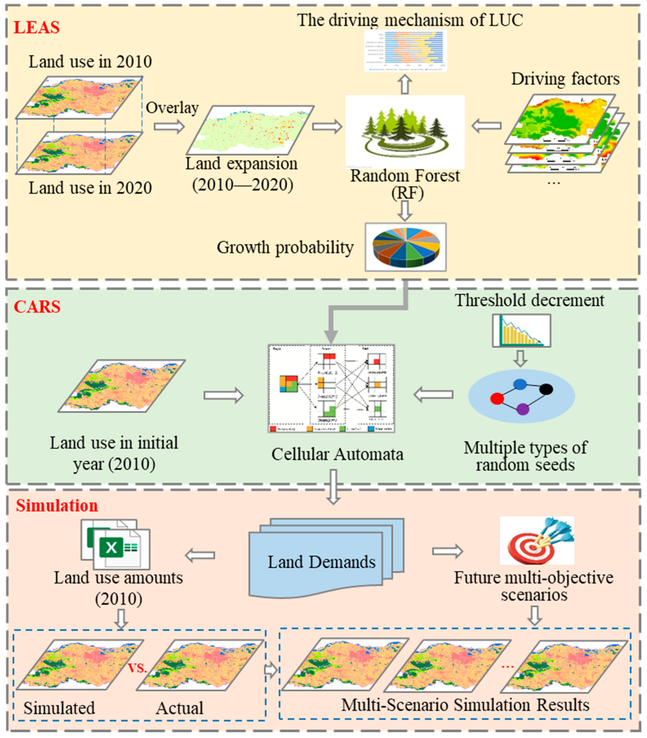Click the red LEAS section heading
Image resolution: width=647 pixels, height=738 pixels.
click(x=36, y=28)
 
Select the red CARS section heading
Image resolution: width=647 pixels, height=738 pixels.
click(x=37, y=307)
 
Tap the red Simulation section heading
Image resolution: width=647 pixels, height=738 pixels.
click(x=57, y=506)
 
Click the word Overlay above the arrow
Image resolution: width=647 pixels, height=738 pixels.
click(x=172, y=108)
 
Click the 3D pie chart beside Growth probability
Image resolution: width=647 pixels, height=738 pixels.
click(x=405, y=247)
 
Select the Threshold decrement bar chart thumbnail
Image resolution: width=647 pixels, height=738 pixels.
click(x=521, y=330)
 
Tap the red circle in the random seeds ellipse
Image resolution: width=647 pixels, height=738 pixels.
click(x=497, y=399)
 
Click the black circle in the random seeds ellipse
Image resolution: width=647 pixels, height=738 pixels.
click(x=546, y=390)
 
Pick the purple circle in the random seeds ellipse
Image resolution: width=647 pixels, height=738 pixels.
click(x=523, y=409)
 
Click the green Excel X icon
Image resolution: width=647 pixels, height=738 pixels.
click(x=111, y=548)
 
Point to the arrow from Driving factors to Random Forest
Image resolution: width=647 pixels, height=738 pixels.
click(x=486, y=126)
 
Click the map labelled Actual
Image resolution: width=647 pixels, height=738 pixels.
click(x=200, y=665)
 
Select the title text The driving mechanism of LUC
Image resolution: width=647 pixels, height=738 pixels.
click(x=410, y=20)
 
